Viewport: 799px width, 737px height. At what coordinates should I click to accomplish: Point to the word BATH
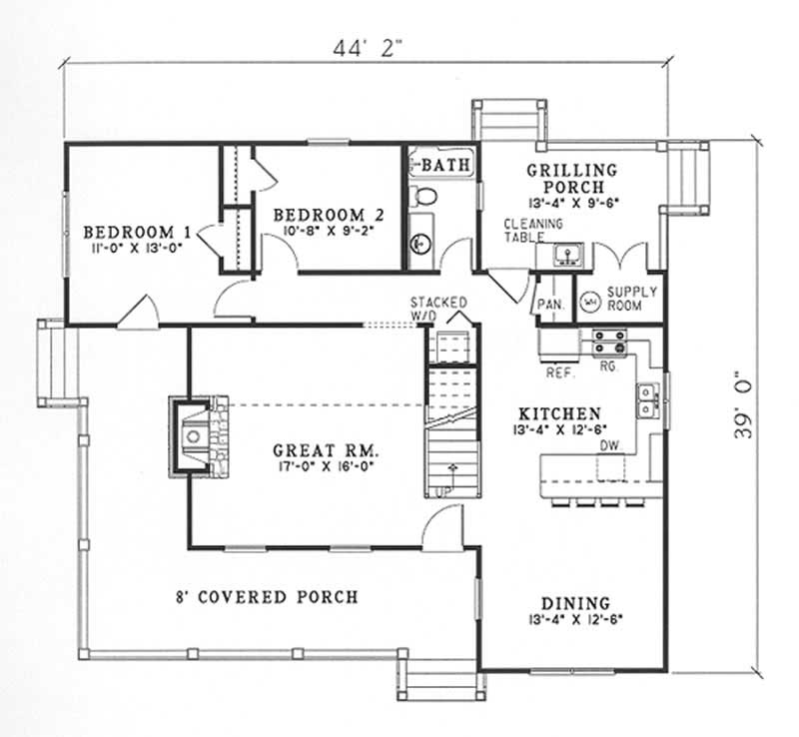(446, 164)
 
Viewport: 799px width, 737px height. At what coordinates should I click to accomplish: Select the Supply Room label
(632, 299)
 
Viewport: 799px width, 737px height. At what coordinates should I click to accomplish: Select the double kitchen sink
(648, 400)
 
